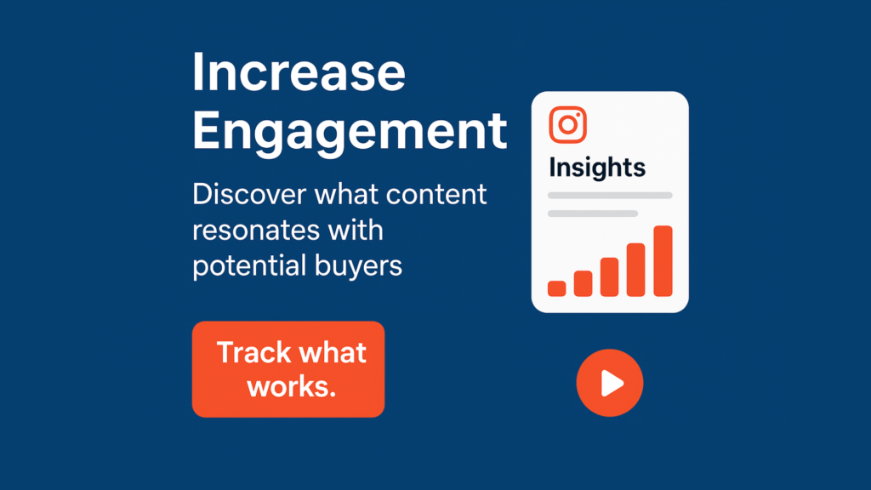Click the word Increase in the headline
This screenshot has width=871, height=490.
[299, 72]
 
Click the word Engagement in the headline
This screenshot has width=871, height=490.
[350, 132]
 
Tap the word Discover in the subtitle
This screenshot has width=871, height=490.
[249, 194]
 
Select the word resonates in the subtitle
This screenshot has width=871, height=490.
[256, 230]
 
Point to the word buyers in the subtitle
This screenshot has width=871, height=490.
[358, 266]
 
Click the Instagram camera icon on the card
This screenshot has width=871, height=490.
[567, 125]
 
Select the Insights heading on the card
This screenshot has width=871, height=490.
[597, 168]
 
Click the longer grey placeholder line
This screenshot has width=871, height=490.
[610, 196]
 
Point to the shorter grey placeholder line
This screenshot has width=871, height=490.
[593, 214]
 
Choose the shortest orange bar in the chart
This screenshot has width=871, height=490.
[556, 288]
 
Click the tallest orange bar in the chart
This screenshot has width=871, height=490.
[663, 261]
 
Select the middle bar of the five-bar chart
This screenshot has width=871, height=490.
[609, 276]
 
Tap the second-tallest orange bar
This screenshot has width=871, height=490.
[636, 270]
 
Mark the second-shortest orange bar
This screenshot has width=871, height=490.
[583, 283]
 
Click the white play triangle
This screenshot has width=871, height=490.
[612, 384]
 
